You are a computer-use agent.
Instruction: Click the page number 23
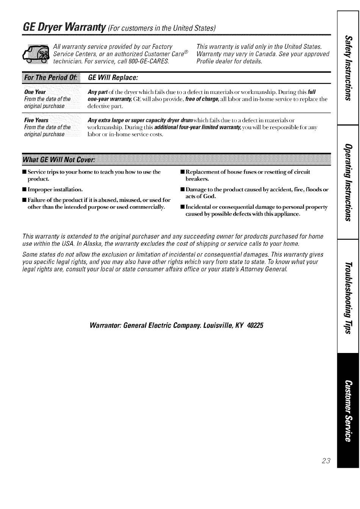pyautogui.click(x=326, y=461)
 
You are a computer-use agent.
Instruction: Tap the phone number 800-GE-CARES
pyautogui.click(x=149, y=61)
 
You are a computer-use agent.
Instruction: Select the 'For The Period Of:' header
pyautogui.click(x=51, y=78)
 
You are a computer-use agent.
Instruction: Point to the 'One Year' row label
pyautogui.click(x=35, y=92)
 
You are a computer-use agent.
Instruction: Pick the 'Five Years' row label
pyautogui.click(x=36, y=120)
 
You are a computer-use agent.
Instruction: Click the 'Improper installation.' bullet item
pyautogui.click(x=55, y=189)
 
